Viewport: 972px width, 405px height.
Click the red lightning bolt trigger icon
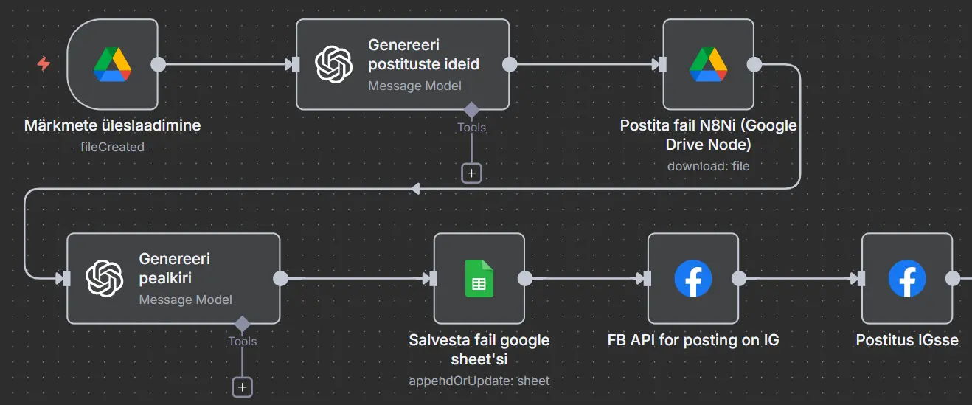coord(44,64)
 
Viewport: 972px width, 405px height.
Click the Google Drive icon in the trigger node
coord(112,64)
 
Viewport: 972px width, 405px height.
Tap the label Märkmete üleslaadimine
coord(112,125)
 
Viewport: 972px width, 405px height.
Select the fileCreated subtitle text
coord(112,147)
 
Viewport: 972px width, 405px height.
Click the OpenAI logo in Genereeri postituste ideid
coord(333,64)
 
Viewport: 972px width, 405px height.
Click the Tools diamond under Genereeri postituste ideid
coord(471,111)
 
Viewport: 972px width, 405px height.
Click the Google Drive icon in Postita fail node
coord(708,64)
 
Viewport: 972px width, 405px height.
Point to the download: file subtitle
coord(708,166)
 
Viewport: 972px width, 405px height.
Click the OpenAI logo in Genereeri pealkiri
coord(104,278)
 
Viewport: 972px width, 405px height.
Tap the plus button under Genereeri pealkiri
coord(242,387)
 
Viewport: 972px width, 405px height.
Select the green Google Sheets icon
coord(479,278)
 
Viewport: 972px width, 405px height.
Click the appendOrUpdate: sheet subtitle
coord(479,381)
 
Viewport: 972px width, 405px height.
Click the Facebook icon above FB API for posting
coord(693,278)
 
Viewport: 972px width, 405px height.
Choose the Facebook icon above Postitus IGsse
coord(906,278)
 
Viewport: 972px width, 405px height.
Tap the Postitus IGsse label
coord(906,340)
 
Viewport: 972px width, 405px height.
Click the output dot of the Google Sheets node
coord(525,278)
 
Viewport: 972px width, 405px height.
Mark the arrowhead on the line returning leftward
coord(415,190)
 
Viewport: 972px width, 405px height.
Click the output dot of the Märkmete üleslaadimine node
coord(158,64)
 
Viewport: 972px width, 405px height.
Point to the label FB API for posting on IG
coord(693,340)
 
